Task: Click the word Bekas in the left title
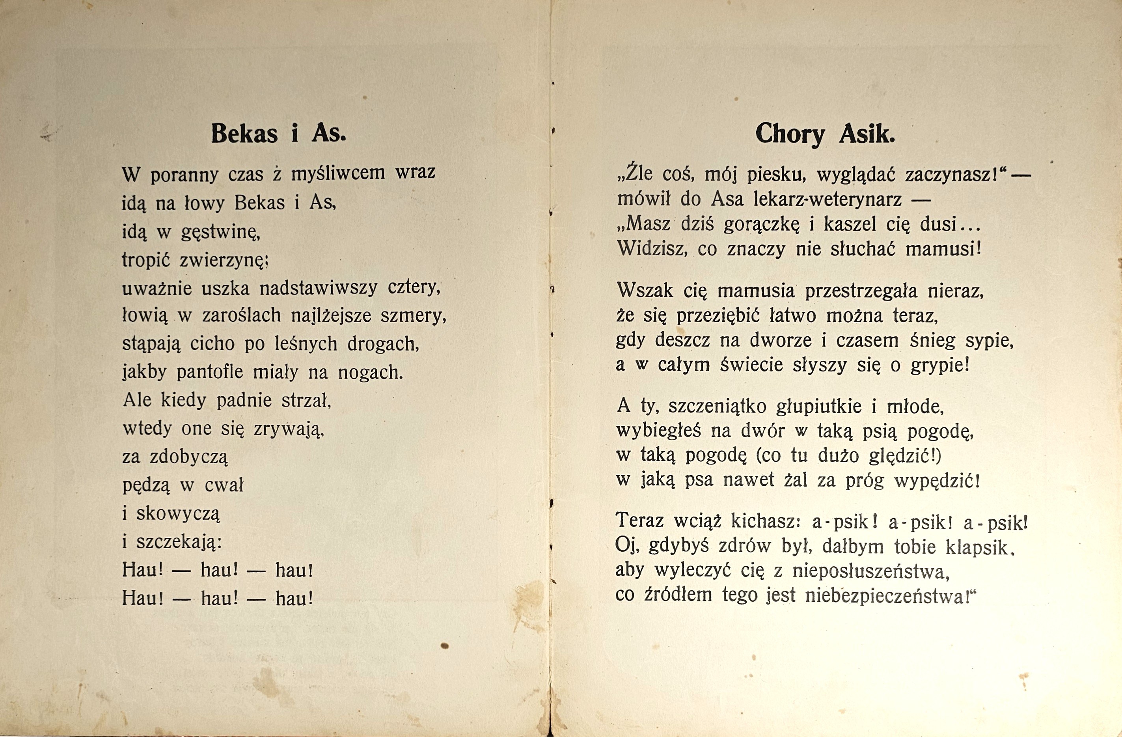pyautogui.click(x=244, y=134)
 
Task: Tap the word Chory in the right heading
pyautogui.click(x=790, y=135)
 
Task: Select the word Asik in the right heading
pyautogui.click(x=867, y=135)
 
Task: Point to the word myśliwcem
pyautogui.click(x=338, y=174)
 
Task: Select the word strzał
pyautogui.click(x=306, y=401)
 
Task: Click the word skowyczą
pyautogui.click(x=178, y=514)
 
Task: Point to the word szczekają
pyautogui.click(x=179, y=542)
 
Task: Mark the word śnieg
pyautogui.click(x=932, y=340)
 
